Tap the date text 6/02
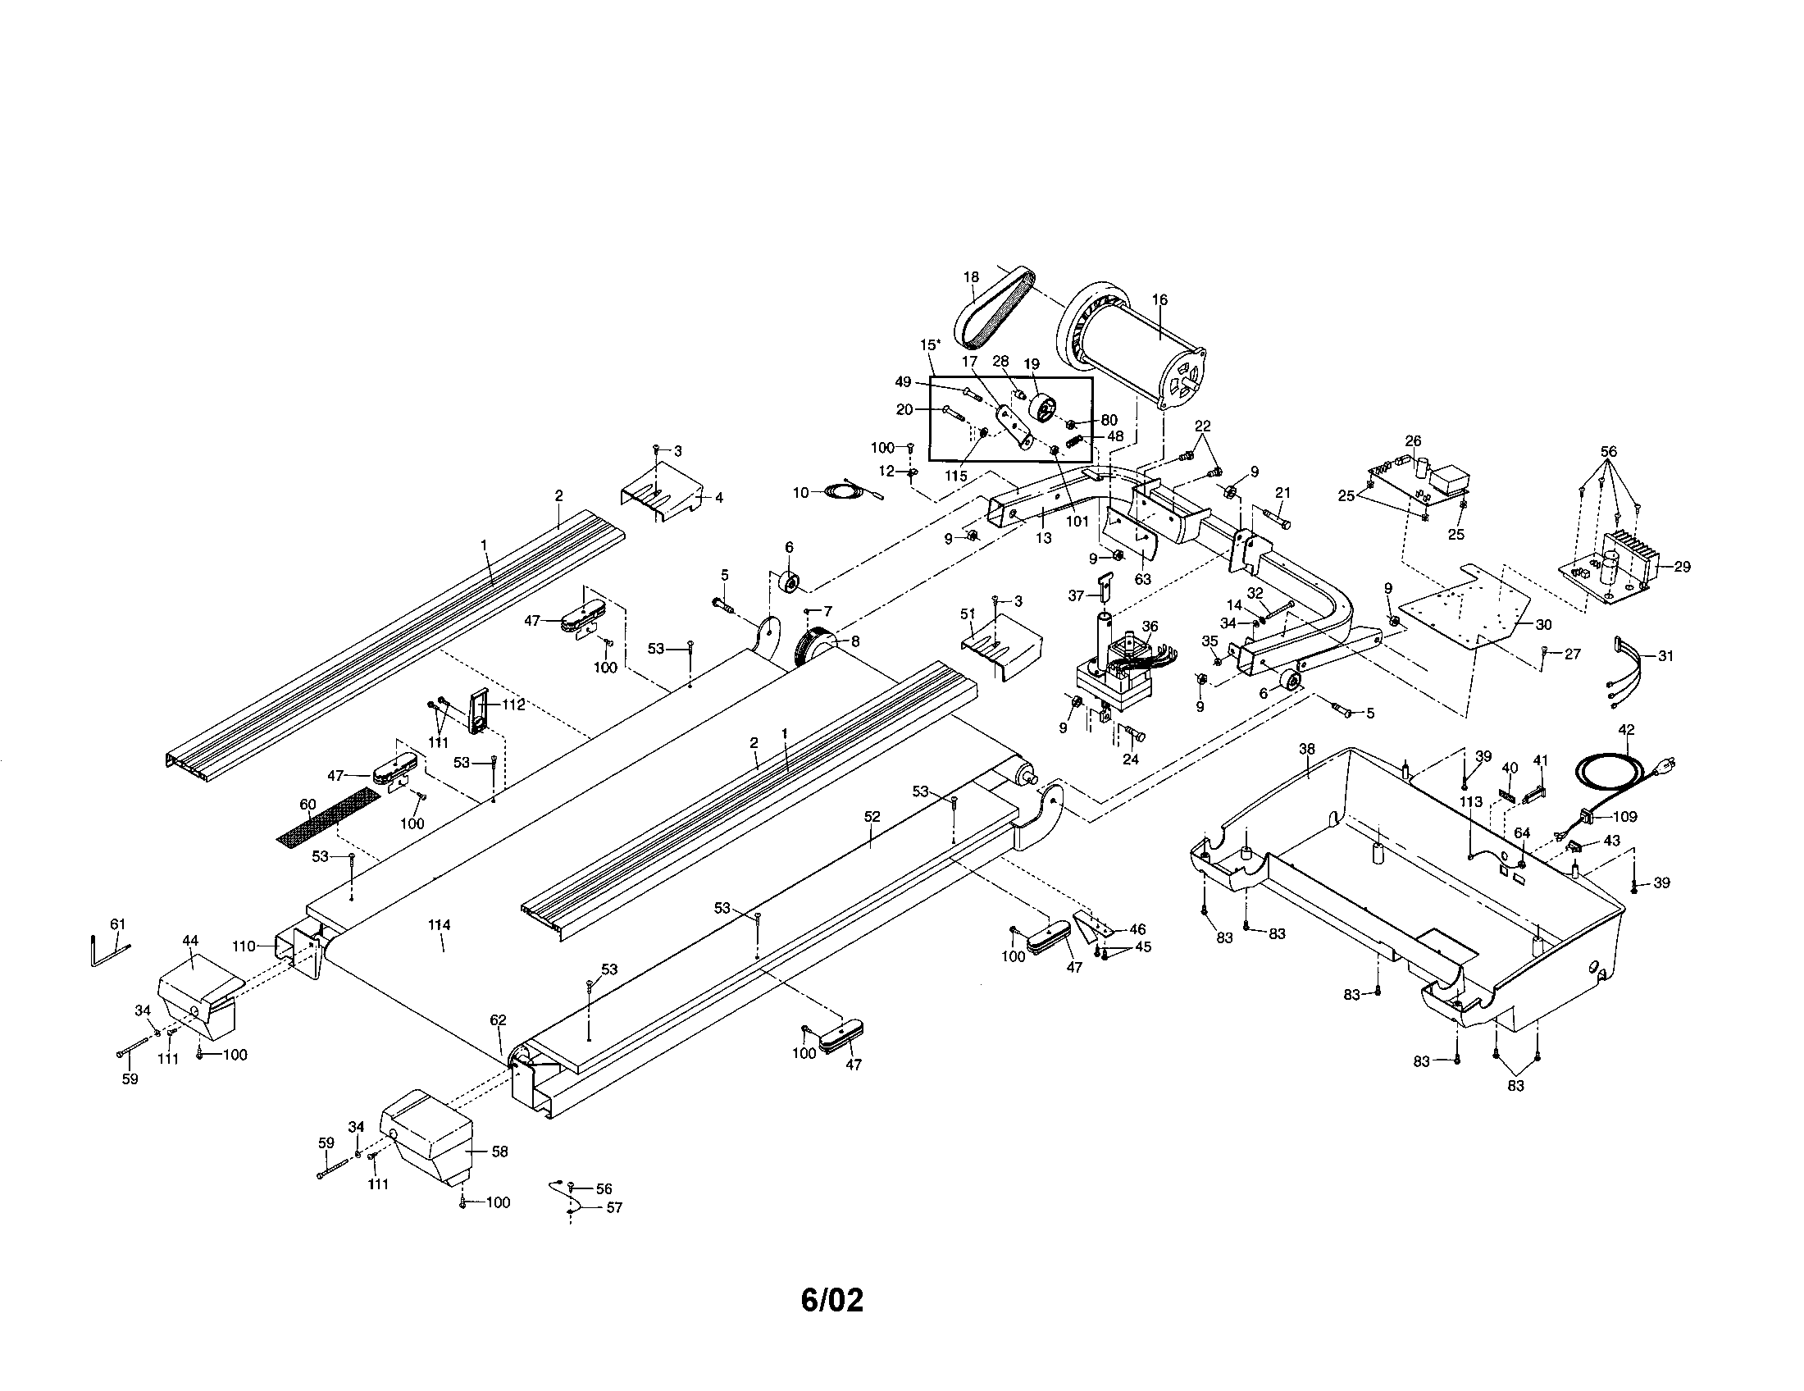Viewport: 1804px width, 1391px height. (x=831, y=1300)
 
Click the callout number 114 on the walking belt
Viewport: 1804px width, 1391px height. (x=439, y=925)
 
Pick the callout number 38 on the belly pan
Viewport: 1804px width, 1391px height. (x=1306, y=749)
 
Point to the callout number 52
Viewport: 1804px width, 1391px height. (x=872, y=817)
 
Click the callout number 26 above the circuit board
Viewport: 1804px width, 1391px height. (x=1413, y=440)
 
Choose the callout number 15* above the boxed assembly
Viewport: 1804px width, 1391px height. (x=929, y=344)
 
